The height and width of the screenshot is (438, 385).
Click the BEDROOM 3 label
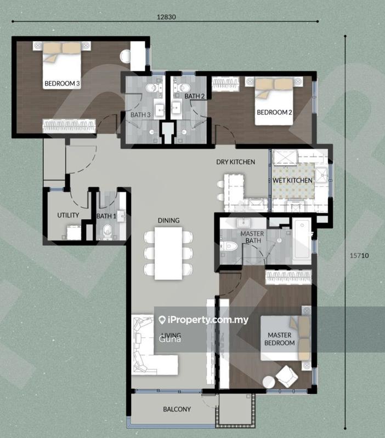(62, 84)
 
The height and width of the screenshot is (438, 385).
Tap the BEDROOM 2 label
(274, 112)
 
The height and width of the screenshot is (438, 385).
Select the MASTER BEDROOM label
(281, 339)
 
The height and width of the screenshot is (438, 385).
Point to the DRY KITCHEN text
(236, 162)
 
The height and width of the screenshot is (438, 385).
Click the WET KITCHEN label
(292, 180)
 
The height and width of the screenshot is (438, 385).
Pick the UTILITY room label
(68, 215)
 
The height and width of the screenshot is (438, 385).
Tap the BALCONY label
(177, 409)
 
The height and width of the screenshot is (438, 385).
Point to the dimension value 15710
(356, 255)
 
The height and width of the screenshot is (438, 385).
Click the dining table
(168, 252)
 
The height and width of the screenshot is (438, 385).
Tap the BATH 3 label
(140, 114)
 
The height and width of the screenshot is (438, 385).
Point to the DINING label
(168, 221)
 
